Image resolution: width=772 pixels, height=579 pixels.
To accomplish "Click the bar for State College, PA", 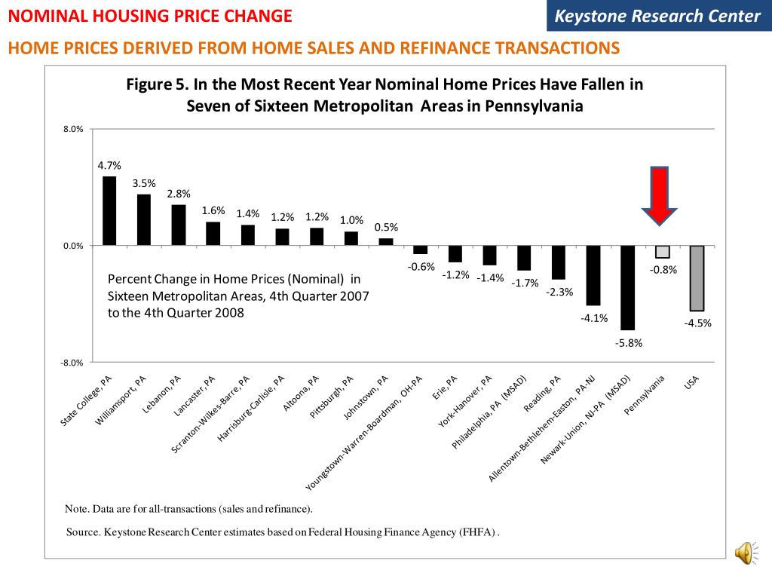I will pos(109,211).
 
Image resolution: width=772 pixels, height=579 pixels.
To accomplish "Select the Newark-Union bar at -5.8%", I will pos(627,287).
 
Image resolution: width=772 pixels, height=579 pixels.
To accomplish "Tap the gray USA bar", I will pos(697,278).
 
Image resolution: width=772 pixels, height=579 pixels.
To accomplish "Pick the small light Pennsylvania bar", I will pos(662,252).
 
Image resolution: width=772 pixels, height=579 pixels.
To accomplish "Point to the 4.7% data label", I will pos(109,166).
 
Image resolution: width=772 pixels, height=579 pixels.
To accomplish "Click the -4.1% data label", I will pos(593,317).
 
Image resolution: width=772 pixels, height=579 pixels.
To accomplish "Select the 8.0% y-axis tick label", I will pos(73,130).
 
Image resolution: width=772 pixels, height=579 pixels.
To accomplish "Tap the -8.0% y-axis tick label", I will pos(72,363).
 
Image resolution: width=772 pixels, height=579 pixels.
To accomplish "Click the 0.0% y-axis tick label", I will pos(73,246).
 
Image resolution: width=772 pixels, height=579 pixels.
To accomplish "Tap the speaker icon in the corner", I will pos(744,553).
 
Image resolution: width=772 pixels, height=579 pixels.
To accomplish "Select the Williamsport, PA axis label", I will pos(121,400).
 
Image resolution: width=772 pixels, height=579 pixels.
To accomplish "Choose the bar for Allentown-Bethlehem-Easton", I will pos(593,275).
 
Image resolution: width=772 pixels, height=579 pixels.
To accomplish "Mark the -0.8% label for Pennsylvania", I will pos(663,269).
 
